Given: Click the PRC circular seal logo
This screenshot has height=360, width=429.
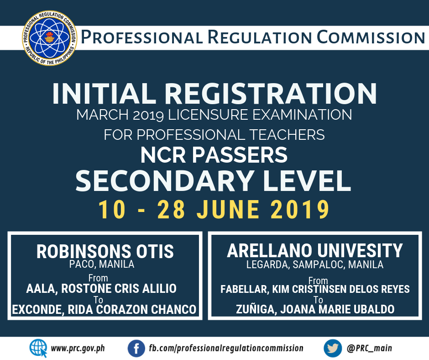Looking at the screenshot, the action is click(x=50, y=38).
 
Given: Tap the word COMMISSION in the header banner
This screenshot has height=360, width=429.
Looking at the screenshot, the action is click(x=371, y=37).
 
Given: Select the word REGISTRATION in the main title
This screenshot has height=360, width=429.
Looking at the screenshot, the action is click(x=271, y=94).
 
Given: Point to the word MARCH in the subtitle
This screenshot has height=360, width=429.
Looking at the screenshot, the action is click(x=103, y=115).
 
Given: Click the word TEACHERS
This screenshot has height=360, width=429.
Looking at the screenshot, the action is click(x=287, y=135).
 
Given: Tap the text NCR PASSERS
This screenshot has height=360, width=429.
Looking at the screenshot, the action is click(x=214, y=155).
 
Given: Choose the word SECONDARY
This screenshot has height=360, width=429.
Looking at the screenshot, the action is click(x=164, y=181).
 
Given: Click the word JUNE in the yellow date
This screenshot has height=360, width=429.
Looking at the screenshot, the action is click(x=228, y=209).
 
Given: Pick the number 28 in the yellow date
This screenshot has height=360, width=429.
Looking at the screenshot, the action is click(x=171, y=209).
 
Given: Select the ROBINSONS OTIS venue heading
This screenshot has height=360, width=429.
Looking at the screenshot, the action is click(x=105, y=252).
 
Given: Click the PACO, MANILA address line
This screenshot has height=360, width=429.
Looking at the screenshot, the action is click(x=102, y=265).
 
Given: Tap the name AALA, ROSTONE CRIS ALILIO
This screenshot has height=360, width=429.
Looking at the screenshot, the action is click(x=101, y=289).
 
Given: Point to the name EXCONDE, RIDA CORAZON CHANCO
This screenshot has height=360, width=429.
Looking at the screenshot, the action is click(x=104, y=310).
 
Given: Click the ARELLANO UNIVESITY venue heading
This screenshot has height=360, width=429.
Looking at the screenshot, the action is click(x=315, y=250).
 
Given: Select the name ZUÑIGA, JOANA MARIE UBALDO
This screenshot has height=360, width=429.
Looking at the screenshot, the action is click(x=315, y=309).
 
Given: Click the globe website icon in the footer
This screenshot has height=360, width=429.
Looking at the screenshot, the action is click(x=38, y=348).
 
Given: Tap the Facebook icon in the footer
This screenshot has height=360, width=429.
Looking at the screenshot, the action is click(x=136, y=349).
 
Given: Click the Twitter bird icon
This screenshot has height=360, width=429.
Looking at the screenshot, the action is click(x=333, y=349).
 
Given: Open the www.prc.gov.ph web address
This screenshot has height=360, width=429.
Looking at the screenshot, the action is click(x=78, y=349).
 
